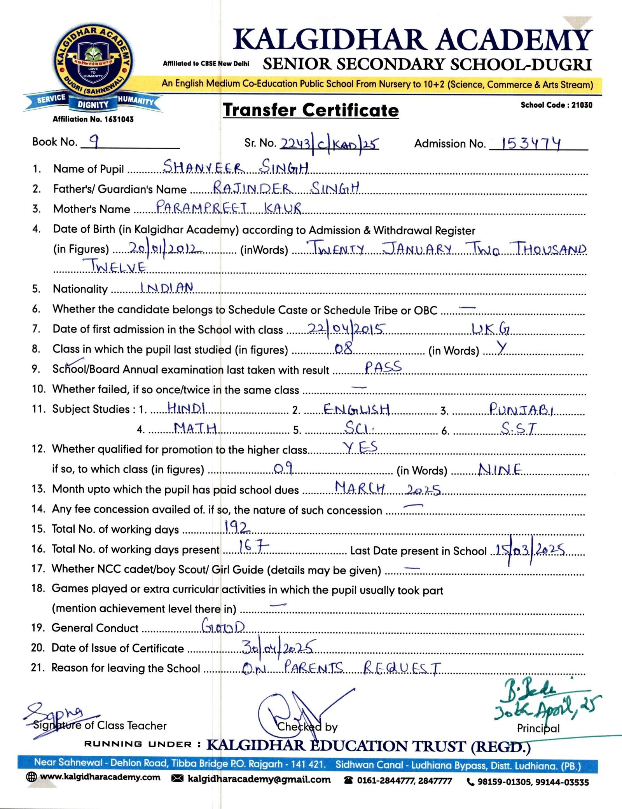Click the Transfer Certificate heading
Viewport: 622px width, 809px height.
tap(311, 110)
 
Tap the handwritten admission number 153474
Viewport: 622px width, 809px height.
tap(531, 143)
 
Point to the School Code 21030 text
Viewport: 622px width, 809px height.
tap(556, 105)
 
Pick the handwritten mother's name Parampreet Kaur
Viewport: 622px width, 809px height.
tap(228, 207)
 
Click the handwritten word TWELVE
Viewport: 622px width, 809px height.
tap(119, 267)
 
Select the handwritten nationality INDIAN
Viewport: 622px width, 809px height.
tap(167, 288)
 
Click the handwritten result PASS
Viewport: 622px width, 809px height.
tap(383, 367)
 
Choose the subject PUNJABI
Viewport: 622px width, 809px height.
tap(521, 409)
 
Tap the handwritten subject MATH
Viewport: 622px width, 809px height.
tap(195, 428)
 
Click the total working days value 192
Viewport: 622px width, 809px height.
tap(237, 527)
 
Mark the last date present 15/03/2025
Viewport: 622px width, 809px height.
tap(530, 550)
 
